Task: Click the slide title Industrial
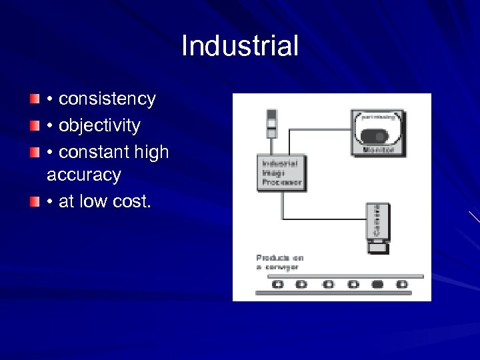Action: click(x=239, y=46)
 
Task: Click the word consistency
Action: click(x=107, y=99)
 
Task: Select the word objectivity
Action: click(x=99, y=125)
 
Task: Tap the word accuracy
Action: click(x=84, y=175)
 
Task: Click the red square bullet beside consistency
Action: click(x=35, y=99)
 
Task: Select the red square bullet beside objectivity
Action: click(x=35, y=125)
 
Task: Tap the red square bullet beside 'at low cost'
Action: click(x=35, y=201)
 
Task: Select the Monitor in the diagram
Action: click(x=378, y=133)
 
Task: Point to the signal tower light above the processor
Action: click(x=271, y=123)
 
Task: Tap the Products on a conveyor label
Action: click(x=280, y=262)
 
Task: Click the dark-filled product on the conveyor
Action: click(x=377, y=284)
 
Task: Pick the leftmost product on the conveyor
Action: click(x=278, y=284)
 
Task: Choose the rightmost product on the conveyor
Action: click(x=402, y=284)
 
